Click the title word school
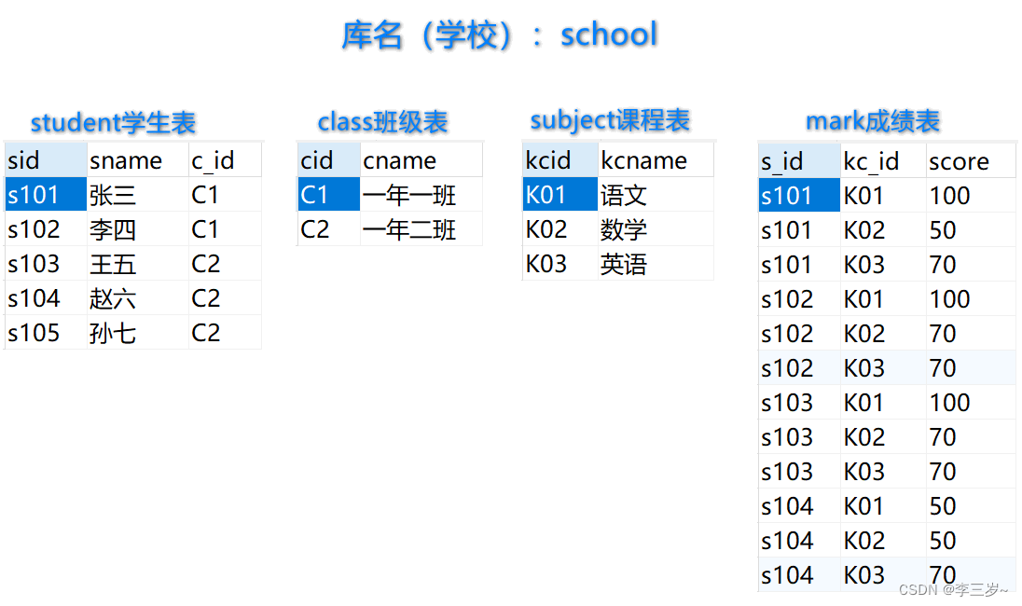[609, 34]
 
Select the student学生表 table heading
[113, 122]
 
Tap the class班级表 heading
[382, 121]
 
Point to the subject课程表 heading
[610, 120]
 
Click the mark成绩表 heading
[872, 121]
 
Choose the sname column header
[126, 160]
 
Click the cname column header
[400, 160]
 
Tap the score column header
[959, 161]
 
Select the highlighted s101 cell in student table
[34, 195]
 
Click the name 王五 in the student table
[113, 264]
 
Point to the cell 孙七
[113, 333]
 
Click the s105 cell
[34, 333]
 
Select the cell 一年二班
[409, 229]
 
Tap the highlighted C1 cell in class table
[315, 195]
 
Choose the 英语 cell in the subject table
[624, 264]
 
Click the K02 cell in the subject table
[546, 229]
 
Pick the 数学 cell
[624, 229]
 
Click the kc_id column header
[871, 161]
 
